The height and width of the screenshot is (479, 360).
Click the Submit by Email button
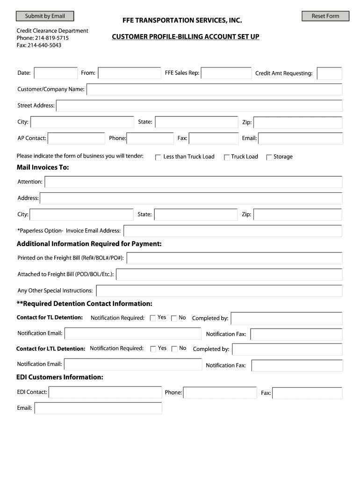coord(45,16)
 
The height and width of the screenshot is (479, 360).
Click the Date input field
coord(56,73)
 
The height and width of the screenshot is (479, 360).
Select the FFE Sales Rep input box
coord(226,73)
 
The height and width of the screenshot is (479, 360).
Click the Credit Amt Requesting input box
coord(329,73)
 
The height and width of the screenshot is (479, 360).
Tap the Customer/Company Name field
coord(214,89)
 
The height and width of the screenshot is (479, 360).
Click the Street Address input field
coord(199,106)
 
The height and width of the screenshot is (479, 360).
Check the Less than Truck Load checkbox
coord(158,157)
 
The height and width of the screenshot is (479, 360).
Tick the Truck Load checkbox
coord(227,157)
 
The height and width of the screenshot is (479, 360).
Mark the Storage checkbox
coord(269,157)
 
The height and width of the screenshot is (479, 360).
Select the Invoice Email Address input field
coord(232,231)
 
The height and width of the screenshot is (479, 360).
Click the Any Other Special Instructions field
coord(219,290)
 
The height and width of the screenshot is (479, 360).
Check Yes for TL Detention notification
coord(153,318)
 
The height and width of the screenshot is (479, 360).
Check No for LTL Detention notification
coord(174,348)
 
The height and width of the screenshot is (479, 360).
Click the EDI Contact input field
coord(105,392)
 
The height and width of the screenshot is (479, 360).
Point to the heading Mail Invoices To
coord(43,167)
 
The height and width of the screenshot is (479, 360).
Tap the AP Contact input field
coord(76,138)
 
